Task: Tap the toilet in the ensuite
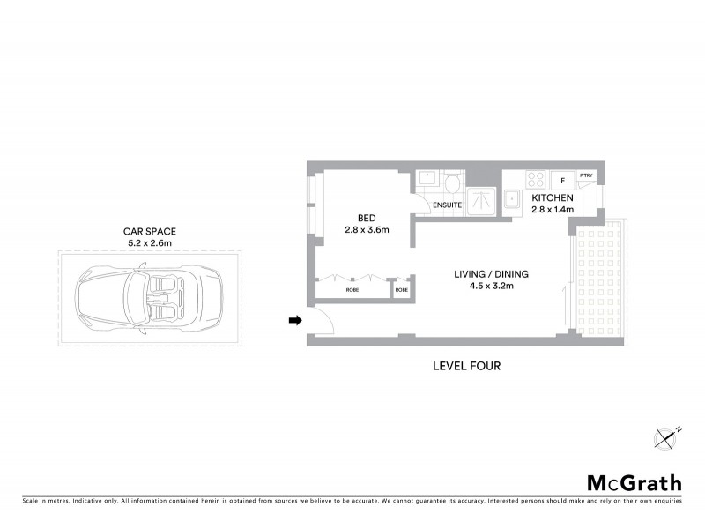(x=452, y=183)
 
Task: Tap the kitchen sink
(x=510, y=198)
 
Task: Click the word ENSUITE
(x=448, y=207)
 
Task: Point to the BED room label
(x=367, y=218)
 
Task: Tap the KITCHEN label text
(x=553, y=198)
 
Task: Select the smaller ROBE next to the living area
(x=402, y=289)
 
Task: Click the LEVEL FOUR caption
(x=466, y=366)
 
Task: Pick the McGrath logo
(x=634, y=482)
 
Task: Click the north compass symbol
(x=667, y=436)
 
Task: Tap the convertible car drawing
(x=146, y=300)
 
